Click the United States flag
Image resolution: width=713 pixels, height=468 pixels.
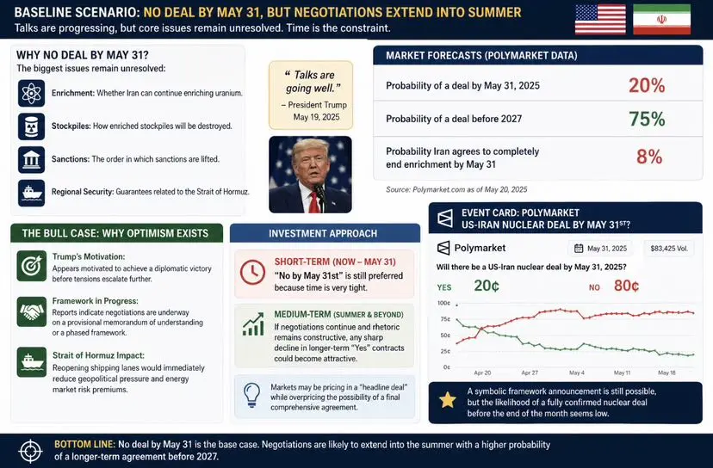(x=600, y=20)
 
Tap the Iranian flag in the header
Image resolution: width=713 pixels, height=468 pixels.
(x=661, y=20)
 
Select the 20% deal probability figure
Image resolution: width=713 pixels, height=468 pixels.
(x=647, y=85)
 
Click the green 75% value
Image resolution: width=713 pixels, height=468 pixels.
(x=647, y=119)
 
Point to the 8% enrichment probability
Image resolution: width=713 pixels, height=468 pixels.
(x=649, y=157)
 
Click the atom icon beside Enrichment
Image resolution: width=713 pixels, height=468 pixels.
(x=31, y=93)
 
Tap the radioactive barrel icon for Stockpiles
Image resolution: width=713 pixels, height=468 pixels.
(x=31, y=126)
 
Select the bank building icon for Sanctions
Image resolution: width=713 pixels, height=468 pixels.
(x=31, y=159)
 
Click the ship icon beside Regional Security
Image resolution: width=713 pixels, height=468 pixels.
(x=31, y=193)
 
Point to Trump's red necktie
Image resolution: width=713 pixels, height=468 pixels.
(x=314, y=202)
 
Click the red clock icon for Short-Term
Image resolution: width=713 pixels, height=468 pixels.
(x=252, y=272)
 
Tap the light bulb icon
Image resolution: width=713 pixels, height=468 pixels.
(x=251, y=394)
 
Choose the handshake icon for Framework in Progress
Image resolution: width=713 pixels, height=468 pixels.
(x=31, y=311)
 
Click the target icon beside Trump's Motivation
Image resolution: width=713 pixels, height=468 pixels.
(x=31, y=266)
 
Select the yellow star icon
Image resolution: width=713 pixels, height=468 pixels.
(x=448, y=400)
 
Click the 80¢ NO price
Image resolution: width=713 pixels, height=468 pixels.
(x=626, y=286)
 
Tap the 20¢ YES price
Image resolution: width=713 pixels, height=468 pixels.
(x=487, y=286)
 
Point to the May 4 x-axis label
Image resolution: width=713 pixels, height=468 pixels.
(x=577, y=373)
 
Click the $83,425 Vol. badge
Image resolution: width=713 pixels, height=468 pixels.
(x=669, y=249)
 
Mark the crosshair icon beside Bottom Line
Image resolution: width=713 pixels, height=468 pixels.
(x=31, y=451)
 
